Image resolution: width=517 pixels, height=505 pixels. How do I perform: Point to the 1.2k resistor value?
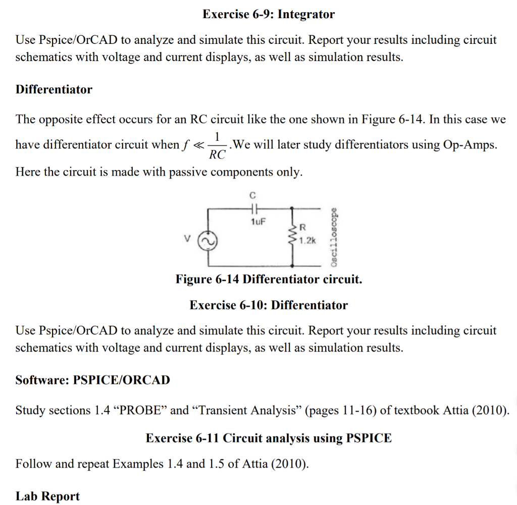tap(307, 241)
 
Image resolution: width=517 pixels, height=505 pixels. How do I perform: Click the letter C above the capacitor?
tap(253, 194)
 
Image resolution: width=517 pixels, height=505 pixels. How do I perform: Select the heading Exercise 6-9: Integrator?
tap(268, 14)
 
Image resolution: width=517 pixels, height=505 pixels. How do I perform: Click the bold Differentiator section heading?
tap(54, 89)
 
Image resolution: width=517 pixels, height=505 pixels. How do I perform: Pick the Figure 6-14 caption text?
tap(269, 279)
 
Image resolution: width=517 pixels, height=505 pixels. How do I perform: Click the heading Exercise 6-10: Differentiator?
tap(269, 305)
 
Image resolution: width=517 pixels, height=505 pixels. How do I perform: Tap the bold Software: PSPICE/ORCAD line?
tap(92, 380)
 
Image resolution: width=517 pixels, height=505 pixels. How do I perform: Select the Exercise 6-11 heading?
tap(269, 438)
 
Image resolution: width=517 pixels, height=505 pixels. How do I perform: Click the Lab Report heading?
tap(47, 496)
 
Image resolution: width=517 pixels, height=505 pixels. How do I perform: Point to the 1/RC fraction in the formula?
tap(217, 145)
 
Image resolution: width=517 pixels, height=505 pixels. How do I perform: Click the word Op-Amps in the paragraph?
tap(469, 145)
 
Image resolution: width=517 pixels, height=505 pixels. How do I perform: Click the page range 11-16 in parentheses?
tap(353, 410)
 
